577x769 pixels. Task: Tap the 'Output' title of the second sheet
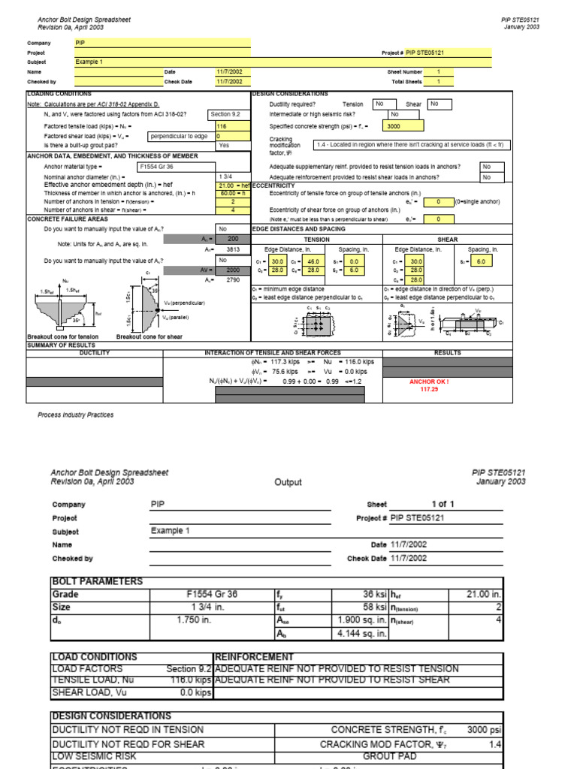pyautogui.click(x=288, y=483)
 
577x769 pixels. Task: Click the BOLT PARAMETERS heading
pyautogui.click(x=96, y=581)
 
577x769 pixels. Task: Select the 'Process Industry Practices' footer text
pyautogui.click(x=76, y=415)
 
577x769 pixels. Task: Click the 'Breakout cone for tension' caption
pyautogui.click(x=62, y=337)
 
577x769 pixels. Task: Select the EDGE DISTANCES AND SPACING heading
pyautogui.click(x=299, y=228)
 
